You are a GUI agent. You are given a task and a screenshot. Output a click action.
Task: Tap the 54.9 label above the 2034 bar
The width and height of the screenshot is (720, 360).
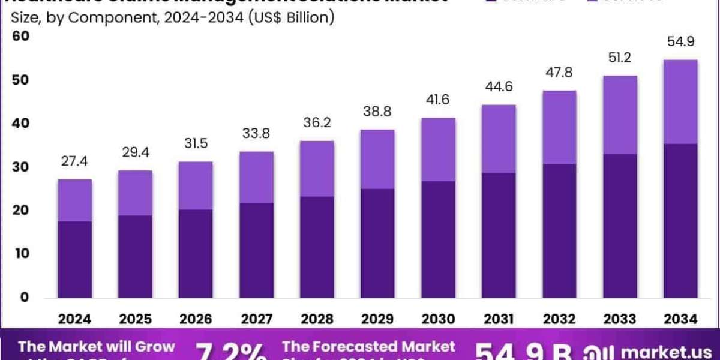click(x=680, y=43)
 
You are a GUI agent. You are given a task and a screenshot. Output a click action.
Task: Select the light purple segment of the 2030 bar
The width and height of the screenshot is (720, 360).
click(x=438, y=149)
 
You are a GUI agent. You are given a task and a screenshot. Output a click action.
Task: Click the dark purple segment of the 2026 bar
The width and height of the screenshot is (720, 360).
click(x=196, y=253)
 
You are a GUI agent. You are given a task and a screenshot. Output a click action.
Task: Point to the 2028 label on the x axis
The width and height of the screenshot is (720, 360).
click(x=317, y=319)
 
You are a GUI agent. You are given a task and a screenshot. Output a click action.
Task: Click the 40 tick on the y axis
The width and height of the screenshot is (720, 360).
click(x=21, y=124)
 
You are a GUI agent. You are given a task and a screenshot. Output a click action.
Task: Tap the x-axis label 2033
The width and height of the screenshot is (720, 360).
click(x=619, y=319)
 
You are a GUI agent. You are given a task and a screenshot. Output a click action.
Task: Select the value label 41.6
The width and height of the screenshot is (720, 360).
click(x=438, y=101)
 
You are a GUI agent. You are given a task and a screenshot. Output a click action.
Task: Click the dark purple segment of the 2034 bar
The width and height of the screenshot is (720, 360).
click(x=680, y=221)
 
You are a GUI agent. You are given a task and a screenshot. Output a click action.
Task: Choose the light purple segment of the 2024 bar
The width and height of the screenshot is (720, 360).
click(x=75, y=200)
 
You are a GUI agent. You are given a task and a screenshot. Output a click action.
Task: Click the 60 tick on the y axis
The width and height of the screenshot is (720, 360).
click(x=21, y=37)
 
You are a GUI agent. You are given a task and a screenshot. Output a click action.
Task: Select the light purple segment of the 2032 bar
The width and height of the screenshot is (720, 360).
click(x=559, y=127)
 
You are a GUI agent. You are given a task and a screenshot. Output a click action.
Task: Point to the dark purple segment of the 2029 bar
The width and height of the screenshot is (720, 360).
click(x=377, y=243)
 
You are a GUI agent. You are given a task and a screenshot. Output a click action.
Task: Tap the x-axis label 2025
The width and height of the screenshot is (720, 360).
click(x=135, y=319)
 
